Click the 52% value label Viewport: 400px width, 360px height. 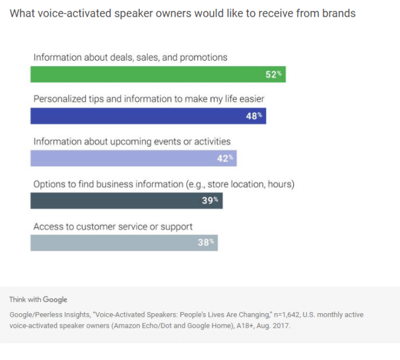274,74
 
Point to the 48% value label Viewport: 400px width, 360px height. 254,116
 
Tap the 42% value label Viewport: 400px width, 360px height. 225,158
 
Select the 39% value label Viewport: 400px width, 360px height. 210,200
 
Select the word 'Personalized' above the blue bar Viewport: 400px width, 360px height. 59,99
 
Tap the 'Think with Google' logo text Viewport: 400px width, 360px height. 38,299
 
